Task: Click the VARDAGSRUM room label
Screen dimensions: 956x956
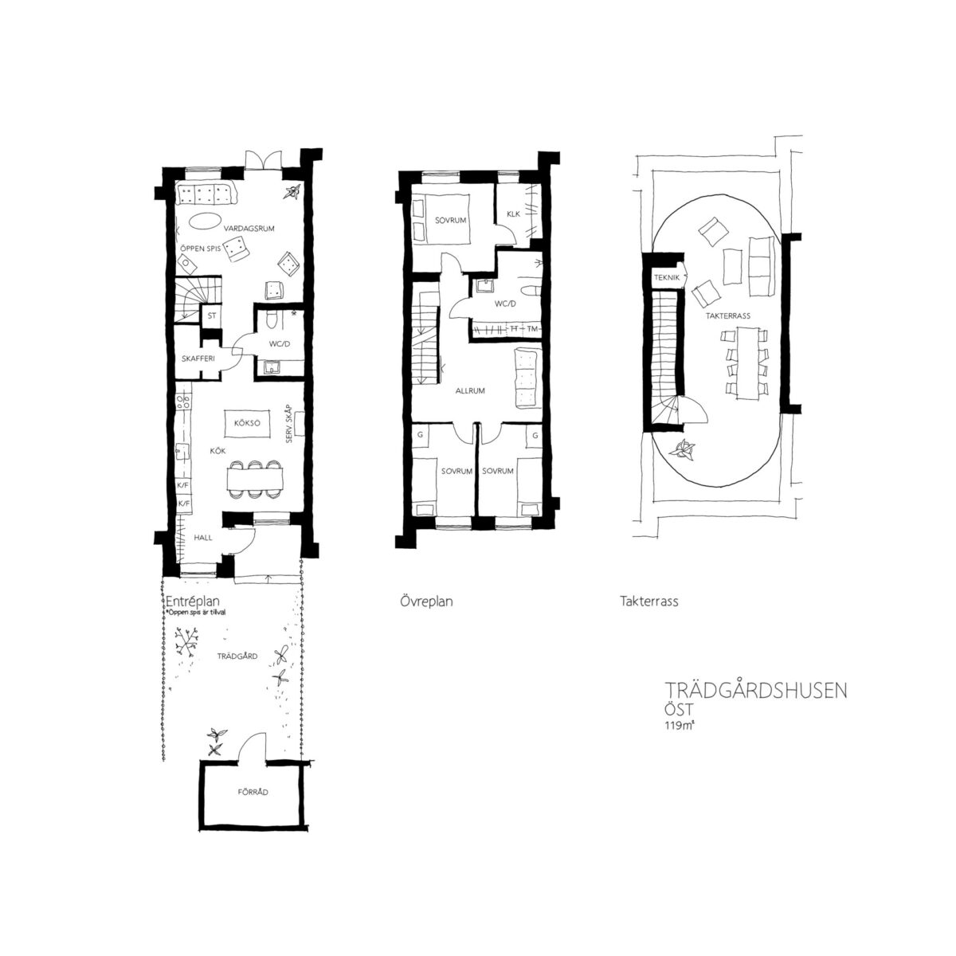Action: coord(249,229)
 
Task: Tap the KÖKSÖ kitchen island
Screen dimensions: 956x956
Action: coord(247,423)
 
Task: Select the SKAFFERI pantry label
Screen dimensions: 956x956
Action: coord(198,358)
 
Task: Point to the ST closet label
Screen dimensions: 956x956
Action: coord(212,315)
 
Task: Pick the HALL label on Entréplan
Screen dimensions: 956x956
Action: coord(203,537)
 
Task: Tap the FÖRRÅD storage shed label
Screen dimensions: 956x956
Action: coord(253,792)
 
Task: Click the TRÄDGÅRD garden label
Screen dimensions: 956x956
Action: coord(237,656)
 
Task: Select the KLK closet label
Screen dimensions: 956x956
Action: coord(514,214)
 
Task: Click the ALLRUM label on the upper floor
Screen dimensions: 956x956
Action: coord(470,390)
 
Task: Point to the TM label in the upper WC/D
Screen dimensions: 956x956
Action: coord(532,328)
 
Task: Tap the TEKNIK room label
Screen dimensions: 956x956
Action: coord(667,278)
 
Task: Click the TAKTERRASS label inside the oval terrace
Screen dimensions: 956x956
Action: coord(728,315)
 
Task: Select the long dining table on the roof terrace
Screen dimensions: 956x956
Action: coord(747,362)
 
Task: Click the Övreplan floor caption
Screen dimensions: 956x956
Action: coord(426,601)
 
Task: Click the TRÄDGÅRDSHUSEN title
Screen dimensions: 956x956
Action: coord(756,691)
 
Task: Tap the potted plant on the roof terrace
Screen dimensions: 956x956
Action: coord(682,450)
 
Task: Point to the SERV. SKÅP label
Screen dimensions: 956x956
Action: coord(289,427)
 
